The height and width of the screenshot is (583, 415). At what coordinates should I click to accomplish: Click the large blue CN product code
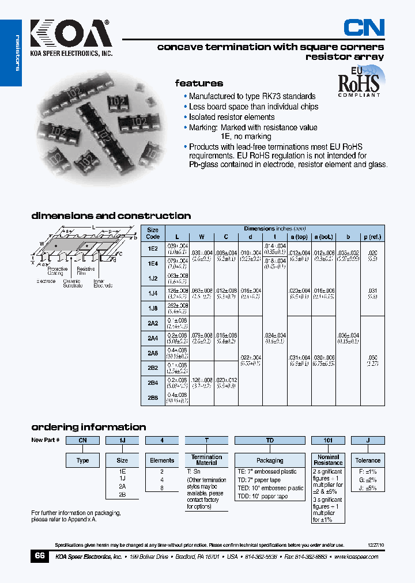tap(364, 27)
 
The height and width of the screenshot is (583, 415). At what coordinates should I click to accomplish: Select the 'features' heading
tap(199, 84)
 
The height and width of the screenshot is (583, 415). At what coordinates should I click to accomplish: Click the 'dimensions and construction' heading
tap(111, 216)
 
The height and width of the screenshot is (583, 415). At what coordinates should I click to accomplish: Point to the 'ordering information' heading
tap(88, 427)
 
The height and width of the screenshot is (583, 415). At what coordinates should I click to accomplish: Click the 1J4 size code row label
tap(153, 293)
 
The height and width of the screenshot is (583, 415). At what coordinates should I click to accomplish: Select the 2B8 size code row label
tap(153, 397)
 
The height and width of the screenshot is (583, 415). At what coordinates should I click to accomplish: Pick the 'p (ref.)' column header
tap(372, 237)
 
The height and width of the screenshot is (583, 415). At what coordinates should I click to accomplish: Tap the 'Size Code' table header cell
tap(153, 233)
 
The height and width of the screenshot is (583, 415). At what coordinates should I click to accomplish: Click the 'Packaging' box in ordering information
tap(270, 460)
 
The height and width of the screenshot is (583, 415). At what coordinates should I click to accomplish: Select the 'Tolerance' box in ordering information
tap(368, 460)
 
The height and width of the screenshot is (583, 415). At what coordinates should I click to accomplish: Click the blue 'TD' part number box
tap(270, 441)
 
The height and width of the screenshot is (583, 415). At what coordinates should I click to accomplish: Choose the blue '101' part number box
tap(328, 441)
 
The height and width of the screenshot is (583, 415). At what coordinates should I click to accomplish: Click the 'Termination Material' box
tap(206, 460)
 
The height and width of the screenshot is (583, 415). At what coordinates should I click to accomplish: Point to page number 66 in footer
tap(39, 556)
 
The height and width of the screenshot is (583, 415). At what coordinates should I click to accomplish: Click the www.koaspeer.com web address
tap(356, 557)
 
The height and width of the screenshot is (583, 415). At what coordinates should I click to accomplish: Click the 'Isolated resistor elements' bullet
tap(232, 117)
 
